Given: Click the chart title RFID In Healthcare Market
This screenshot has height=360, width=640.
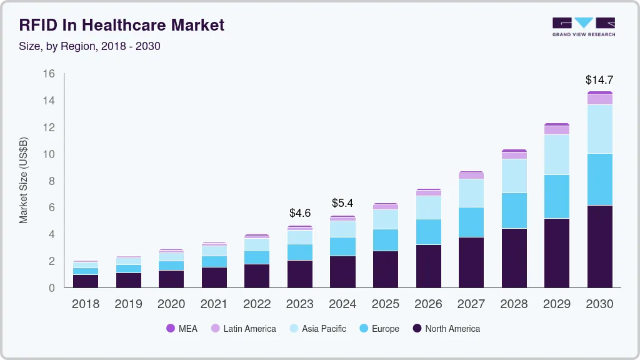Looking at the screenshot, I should tap(122, 25).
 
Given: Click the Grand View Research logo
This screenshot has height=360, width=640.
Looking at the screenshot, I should tap(583, 26).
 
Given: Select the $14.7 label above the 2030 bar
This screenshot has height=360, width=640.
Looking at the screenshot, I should tap(599, 80).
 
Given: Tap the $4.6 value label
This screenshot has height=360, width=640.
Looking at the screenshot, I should tap(300, 213).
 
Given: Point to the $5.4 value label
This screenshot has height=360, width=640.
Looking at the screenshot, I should tap(342, 203).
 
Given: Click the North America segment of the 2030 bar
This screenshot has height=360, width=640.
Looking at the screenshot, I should tap(599, 246).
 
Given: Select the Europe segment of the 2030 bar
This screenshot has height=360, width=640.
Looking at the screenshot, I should tap(599, 179).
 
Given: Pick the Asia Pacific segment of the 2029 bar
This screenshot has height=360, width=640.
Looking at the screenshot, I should tap(557, 154).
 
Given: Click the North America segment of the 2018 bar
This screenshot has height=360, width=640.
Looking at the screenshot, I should tap(86, 281).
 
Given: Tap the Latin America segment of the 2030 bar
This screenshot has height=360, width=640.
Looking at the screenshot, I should tap(599, 99).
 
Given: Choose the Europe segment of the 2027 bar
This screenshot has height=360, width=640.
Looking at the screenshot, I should tap(471, 222).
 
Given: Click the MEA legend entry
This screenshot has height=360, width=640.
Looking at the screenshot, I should tap(181, 328).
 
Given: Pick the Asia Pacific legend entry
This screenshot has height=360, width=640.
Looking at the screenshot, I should tap(317, 328).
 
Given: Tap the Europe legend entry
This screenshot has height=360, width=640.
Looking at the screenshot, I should tap(379, 328).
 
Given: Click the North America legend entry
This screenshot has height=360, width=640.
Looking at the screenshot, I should tap(446, 328).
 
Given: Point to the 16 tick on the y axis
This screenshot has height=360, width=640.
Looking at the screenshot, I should tap(49, 74).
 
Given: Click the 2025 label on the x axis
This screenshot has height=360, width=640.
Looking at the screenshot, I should tap(386, 304).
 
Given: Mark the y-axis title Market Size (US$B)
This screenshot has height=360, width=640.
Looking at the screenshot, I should tap(24, 180).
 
